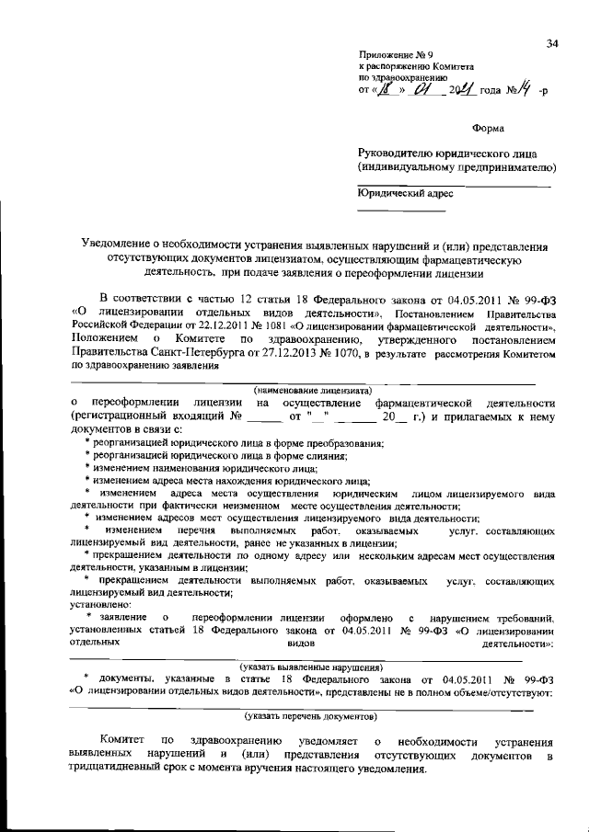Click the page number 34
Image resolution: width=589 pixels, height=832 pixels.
[552, 43]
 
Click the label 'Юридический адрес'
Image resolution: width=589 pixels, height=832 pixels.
[405, 194]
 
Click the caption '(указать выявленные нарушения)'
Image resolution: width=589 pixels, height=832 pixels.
[311, 667]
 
